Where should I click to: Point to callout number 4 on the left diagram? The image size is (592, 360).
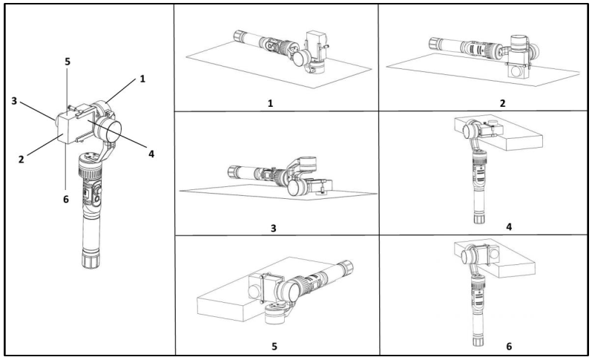click(151, 155)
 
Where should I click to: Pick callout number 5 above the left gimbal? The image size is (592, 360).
click(68, 62)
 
